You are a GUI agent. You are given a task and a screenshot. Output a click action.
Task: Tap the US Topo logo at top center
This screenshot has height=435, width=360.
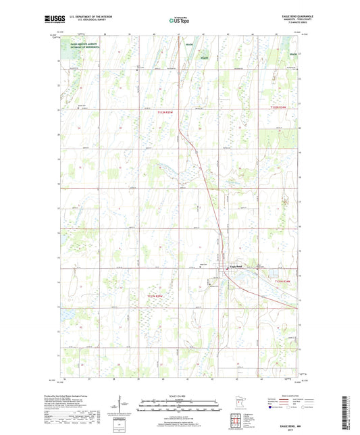(178, 20)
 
